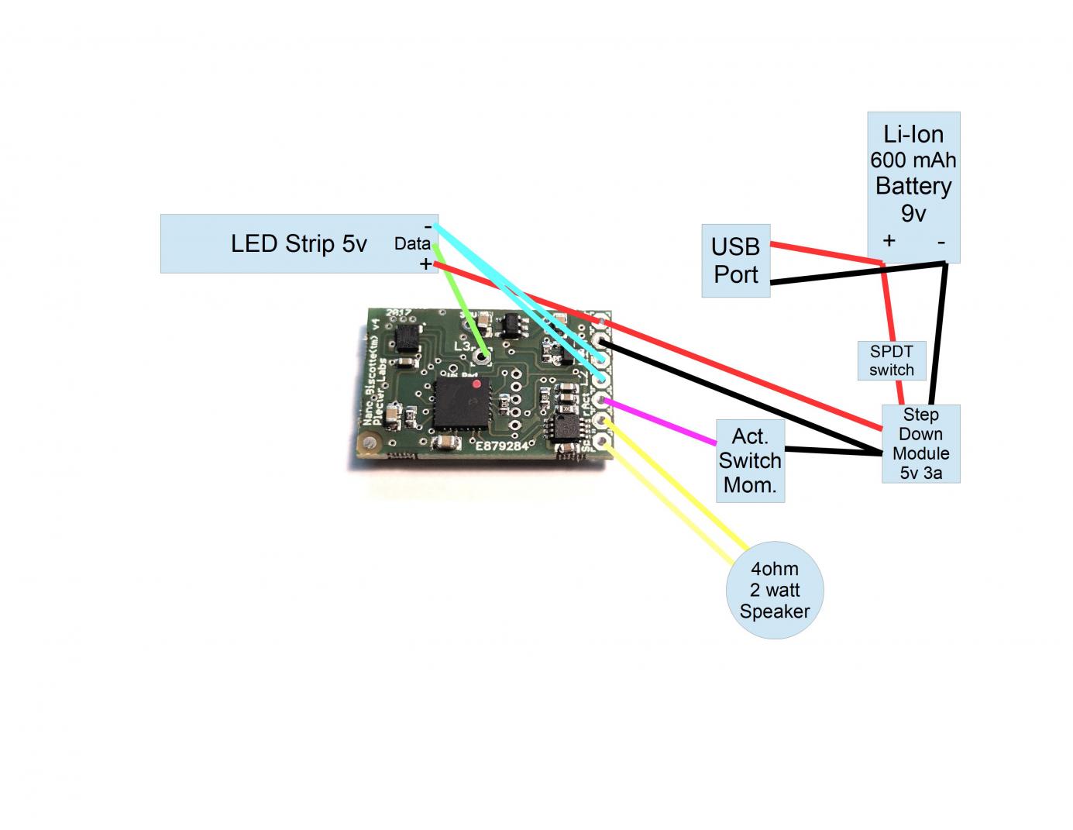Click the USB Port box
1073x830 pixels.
(x=735, y=260)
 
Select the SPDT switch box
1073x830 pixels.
(x=891, y=360)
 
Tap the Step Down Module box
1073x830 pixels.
(x=920, y=443)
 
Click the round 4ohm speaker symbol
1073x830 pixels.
(x=774, y=590)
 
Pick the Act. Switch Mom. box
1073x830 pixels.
(x=749, y=460)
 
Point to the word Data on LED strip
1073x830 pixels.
(x=411, y=243)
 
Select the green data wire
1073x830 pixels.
(x=461, y=302)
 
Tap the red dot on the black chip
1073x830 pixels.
(x=476, y=383)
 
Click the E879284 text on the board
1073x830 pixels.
(x=501, y=446)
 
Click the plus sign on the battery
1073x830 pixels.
(x=889, y=240)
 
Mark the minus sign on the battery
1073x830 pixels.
(x=941, y=242)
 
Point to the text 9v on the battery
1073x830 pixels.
(x=913, y=212)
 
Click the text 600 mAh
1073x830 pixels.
(x=913, y=160)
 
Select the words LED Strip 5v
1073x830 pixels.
(x=298, y=243)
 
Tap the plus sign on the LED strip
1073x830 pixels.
(x=425, y=264)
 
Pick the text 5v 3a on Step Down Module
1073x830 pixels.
(x=920, y=472)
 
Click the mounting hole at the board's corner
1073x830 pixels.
(x=365, y=443)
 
